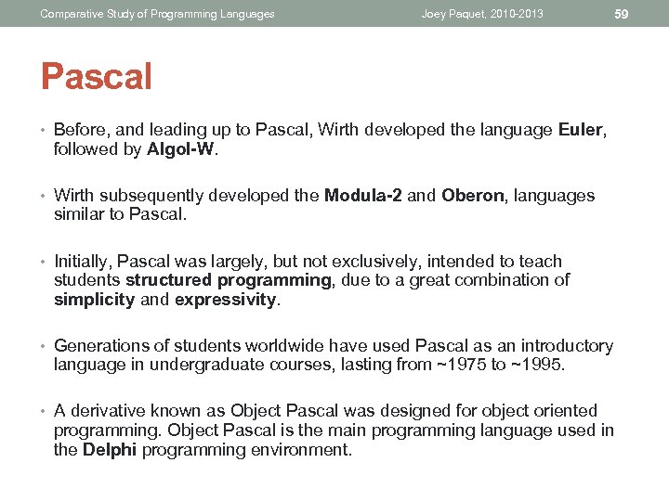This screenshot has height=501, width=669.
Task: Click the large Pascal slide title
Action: tap(96, 77)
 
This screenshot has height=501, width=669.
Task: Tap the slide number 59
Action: tap(622, 13)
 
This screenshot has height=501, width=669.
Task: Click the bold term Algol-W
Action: tap(181, 149)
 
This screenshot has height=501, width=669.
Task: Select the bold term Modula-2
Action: tap(363, 196)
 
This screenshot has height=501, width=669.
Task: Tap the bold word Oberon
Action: tap(473, 196)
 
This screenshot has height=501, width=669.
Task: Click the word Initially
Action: tap(83, 262)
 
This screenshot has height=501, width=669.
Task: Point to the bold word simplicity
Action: tap(94, 299)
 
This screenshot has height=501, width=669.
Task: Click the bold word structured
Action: tap(162, 280)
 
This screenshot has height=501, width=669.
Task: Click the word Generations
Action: tap(100, 346)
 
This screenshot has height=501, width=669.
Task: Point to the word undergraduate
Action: tap(186, 365)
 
